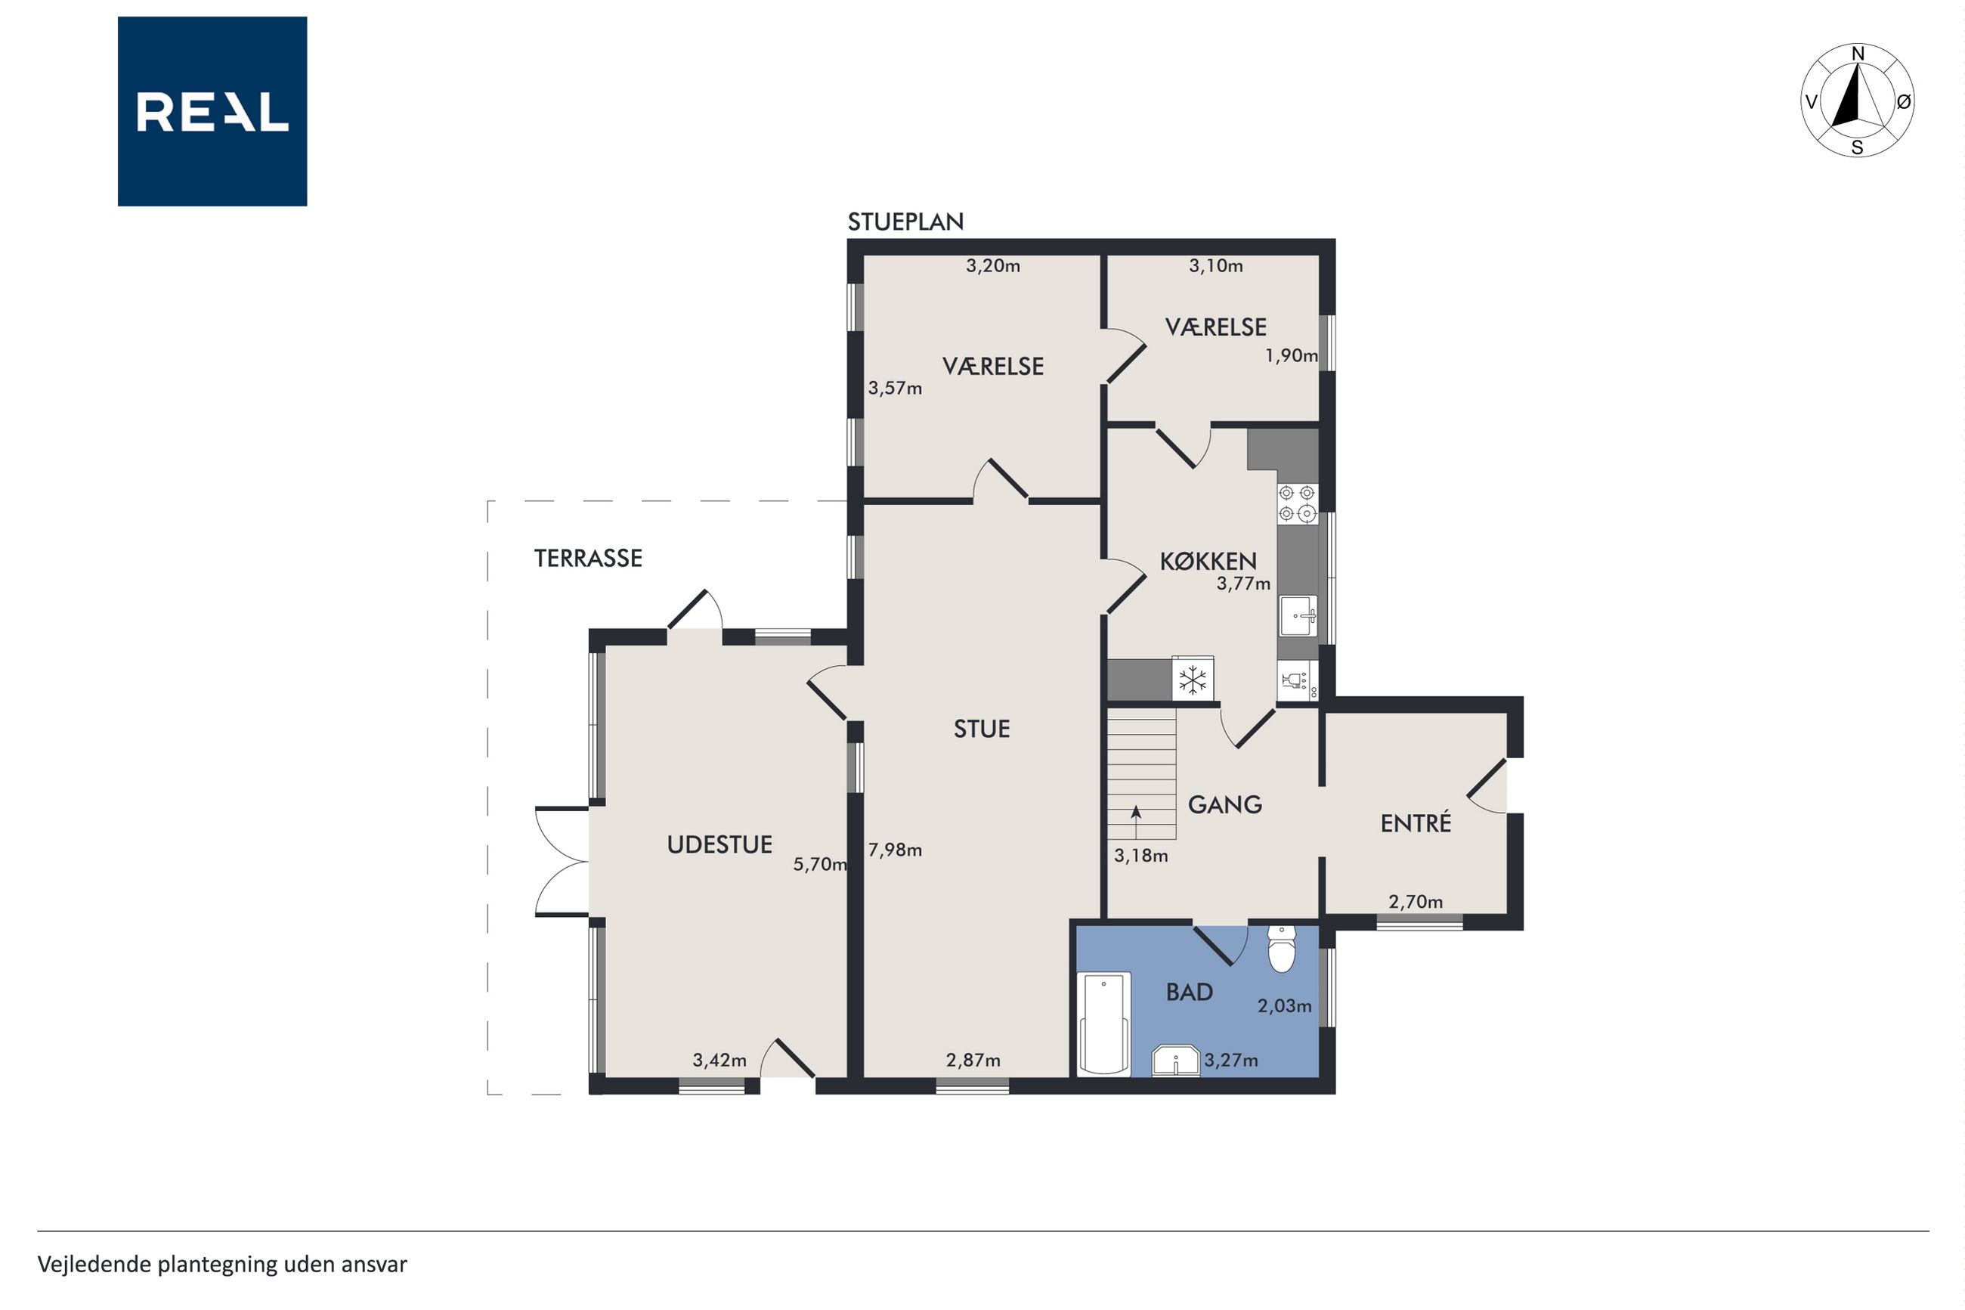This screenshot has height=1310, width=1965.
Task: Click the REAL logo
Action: (x=212, y=111)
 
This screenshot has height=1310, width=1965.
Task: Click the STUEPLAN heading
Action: (x=905, y=221)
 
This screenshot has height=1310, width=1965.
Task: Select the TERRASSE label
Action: (x=588, y=558)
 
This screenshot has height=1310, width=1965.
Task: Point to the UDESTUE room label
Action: (x=719, y=844)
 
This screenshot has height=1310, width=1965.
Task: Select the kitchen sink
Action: (x=1298, y=616)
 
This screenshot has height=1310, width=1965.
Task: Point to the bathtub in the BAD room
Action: (x=1104, y=1024)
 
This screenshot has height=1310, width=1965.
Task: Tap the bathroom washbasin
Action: (x=1176, y=1061)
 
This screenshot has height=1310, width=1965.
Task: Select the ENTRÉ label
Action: (x=1416, y=824)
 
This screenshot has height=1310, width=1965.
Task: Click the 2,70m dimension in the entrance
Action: (x=1416, y=903)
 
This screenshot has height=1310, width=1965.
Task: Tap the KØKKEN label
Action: (x=1208, y=561)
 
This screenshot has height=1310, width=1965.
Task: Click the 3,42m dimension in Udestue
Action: (x=719, y=1061)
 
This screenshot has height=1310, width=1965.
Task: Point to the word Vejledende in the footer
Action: (x=94, y=1264)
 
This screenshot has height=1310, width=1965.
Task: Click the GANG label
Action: (x=1224, y=804)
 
